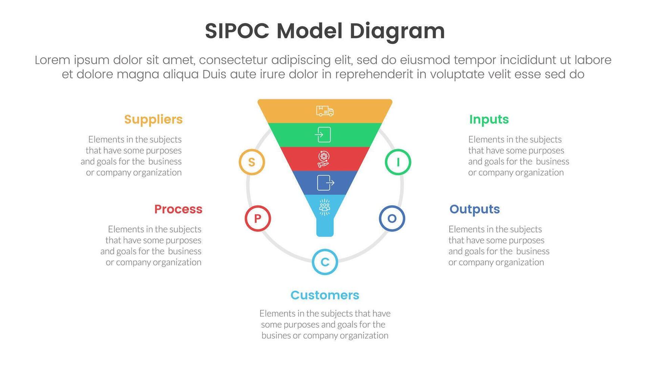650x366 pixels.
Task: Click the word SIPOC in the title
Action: (237, 31)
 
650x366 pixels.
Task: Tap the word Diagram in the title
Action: (397, 31)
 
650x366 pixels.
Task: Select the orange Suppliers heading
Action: (153, 120)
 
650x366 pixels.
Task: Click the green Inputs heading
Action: (489, 120)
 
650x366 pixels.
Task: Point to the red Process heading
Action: (178, 209)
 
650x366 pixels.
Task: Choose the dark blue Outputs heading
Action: (474, 209)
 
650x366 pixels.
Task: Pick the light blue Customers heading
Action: (325, 295)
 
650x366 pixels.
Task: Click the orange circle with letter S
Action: (252, 162)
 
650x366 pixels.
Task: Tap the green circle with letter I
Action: (398, 162)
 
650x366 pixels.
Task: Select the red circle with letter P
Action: (258, 218)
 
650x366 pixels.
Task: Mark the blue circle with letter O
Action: (392, 218)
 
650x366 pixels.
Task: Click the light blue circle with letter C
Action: (325, 262)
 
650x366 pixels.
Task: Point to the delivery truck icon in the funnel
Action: (325, 111)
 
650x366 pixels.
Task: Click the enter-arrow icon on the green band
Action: (323, 134)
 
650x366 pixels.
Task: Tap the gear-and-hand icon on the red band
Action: (324, 159)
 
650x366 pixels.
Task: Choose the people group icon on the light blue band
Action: (325, 207)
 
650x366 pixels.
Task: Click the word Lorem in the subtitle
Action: (52, 60)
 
